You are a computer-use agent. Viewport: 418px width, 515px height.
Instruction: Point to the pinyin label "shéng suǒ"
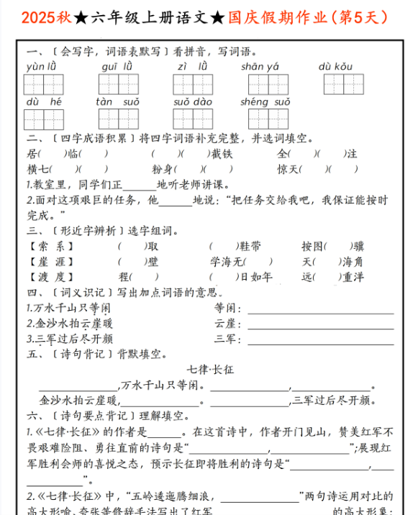[265, 102]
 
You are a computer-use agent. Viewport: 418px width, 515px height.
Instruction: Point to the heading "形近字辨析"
[86, 232]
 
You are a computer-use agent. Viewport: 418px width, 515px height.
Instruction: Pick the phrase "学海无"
[227, 262]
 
